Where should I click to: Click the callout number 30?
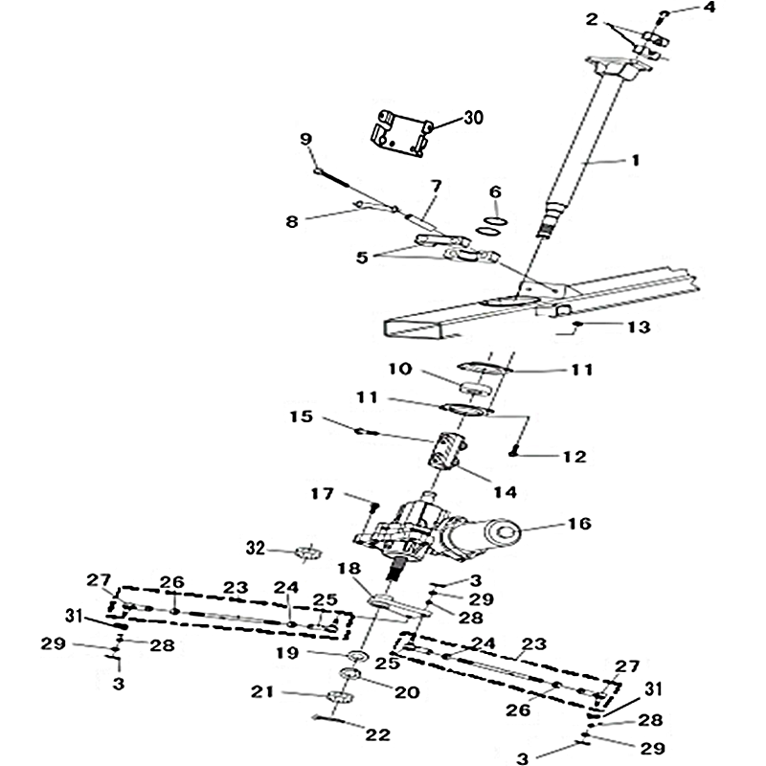point(473,119)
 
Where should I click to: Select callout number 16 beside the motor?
point(579,524)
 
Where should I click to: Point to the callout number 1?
point(633,162)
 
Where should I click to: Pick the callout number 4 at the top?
point(710,8)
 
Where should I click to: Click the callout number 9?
point(306,139)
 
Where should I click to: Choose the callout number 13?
point(639,327)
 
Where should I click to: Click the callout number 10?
point(400,369)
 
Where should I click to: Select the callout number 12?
point(574,457)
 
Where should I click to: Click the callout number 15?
point(301,417)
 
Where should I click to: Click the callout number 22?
point(378,735)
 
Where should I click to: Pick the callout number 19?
point(261,654)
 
